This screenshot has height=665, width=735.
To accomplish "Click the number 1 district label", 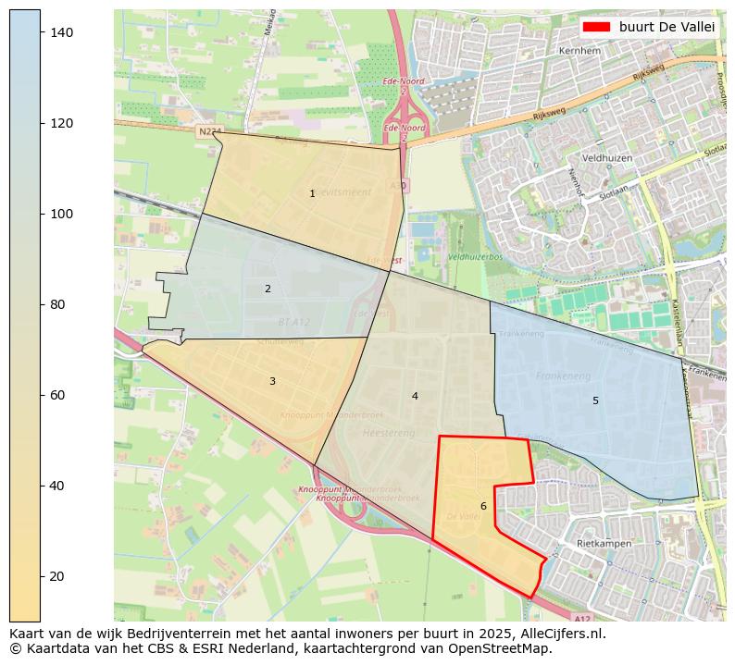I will tap(312, 193).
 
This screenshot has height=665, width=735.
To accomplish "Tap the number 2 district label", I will tap(268, 289).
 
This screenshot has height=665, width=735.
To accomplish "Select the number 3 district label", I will tap(272, 381).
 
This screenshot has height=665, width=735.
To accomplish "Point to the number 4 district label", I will tap(415, 396).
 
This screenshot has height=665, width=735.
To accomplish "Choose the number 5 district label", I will tap(595, 400).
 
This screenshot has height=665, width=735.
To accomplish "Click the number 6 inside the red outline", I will tap(483, 506).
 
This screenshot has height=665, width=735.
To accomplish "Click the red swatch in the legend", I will tap(597, 27).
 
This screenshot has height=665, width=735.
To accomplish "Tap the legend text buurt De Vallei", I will tap(666, 27).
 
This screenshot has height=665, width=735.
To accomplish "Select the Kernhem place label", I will tap(579, 51).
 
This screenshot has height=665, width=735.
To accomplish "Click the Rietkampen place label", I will tap(604, 544).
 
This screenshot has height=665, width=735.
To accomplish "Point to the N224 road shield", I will tap(209, 132).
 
